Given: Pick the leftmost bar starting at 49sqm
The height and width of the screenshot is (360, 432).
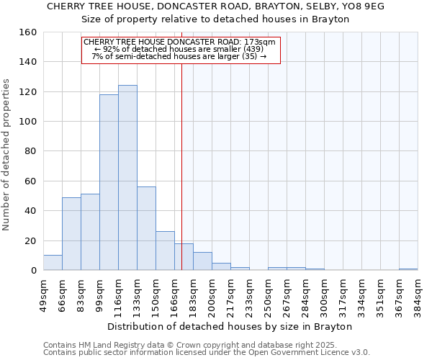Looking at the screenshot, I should (x=53, y=263).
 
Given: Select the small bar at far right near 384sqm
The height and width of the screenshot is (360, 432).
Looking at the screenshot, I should (x=408, y=269).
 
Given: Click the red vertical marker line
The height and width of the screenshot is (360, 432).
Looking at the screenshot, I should (x=181, y=158).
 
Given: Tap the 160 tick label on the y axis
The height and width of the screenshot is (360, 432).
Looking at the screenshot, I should (x=28, y=32).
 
